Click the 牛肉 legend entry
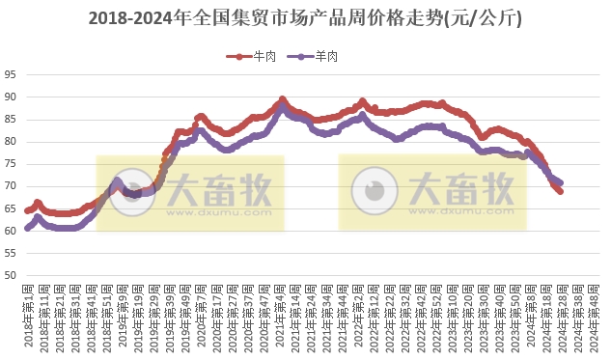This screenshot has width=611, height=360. click(258, 57)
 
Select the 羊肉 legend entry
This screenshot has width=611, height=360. click(323, 57)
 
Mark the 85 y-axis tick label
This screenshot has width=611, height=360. click(10, 120)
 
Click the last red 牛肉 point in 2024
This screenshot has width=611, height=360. click(561, 191)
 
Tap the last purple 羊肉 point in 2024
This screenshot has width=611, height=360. click(561, 182)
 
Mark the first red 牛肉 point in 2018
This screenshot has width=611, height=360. click(28, 210)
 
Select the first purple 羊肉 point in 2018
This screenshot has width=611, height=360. click(28, 229)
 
